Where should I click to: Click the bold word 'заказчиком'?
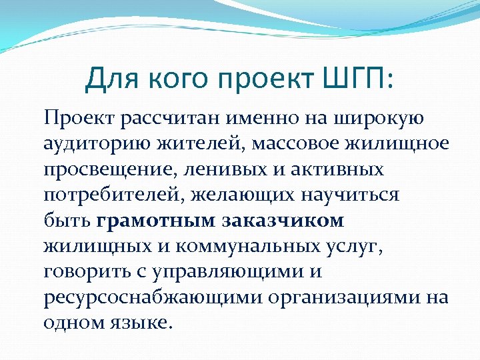pos(283,220)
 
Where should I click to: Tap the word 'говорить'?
pos(82,271)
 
